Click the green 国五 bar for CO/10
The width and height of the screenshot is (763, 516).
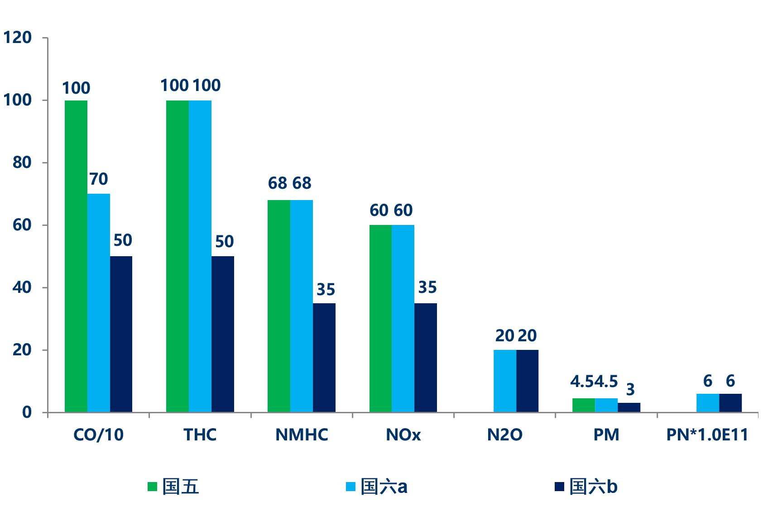[x=76, y=256]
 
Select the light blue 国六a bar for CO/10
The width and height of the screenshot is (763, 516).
[x=99, y=303]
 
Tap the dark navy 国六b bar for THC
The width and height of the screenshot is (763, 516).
[x=223, y=334]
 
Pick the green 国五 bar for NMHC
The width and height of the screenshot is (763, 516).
[x=279, y=306]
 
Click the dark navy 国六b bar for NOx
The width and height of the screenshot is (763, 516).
[x=426, y=358]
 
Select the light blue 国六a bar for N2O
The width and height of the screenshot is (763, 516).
[x=505, y=381]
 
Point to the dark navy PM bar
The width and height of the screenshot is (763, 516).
[x=629, y=407]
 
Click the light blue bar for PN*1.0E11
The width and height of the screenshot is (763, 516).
[x=708, y=403]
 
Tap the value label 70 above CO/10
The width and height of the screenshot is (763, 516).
[x=99, y=179]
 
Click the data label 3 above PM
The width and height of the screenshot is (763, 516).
[x=630, y=389]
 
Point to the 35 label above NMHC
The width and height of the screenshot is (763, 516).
[x=326, y=290]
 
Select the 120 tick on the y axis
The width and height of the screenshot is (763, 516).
[x=17, y=38]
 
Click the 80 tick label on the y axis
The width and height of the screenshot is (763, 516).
[x=22, y=162]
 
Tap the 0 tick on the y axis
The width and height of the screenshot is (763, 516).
[x=27, y=412]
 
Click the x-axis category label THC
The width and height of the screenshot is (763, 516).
[x=200, y=435]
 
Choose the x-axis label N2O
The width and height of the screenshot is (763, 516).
[x=505, y=435]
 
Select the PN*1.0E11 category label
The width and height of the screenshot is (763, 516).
[x=707, y=435]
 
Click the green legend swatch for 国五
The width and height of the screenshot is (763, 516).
[x=152, y=487]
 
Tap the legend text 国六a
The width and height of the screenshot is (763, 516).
[x=384, y=487]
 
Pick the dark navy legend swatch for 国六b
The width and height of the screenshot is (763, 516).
[x=559, y=487]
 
